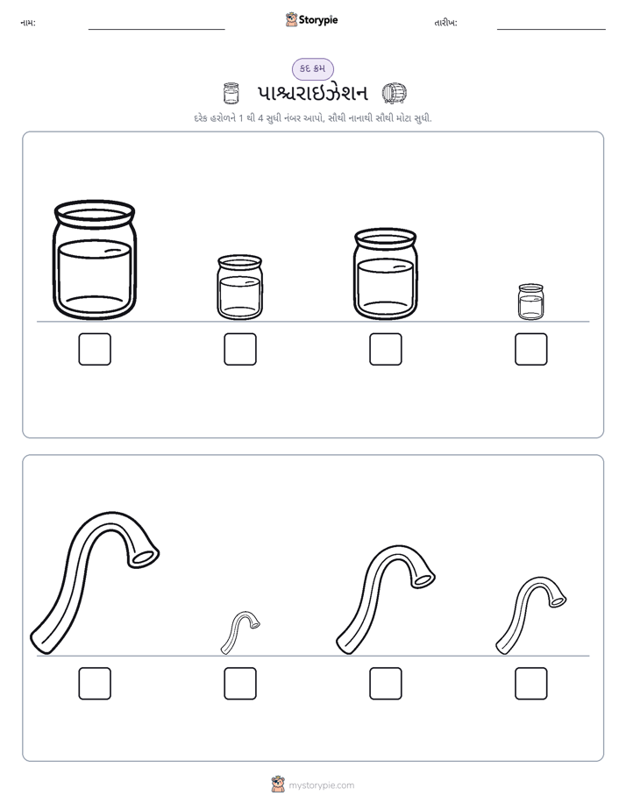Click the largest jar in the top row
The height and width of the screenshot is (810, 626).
click(x=95, y=260)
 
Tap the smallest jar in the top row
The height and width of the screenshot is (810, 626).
click(x=530, y=302)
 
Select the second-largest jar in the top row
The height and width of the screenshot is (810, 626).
click(x=385, y=274)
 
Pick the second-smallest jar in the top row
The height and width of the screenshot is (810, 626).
click(x=239, y=288)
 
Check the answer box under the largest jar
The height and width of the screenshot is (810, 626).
click(x=95, y=349)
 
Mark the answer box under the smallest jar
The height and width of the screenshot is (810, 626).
click(x=530, y=349)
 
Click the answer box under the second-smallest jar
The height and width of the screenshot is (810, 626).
click(x=239, y=349)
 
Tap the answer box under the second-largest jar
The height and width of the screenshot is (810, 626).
click(x=385, y=349)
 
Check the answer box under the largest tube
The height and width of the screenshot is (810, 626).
click(x=95, y=684)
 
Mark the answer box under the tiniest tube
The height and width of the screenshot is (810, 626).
click(x=239, y=684)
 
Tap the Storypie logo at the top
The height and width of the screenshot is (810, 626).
click(x=311, y=19)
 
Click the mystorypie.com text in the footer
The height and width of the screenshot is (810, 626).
click(x=321, y=785)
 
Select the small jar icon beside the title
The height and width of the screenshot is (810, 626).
click(x=231, y=93)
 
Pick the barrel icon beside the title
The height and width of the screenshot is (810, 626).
click(x=394, y=93)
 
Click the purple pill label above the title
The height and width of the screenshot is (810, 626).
click(x=312, y=68)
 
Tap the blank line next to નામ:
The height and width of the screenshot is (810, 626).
click(x=156, y=29)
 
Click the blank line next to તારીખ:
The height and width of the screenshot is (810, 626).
click(x=551, y=29)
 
